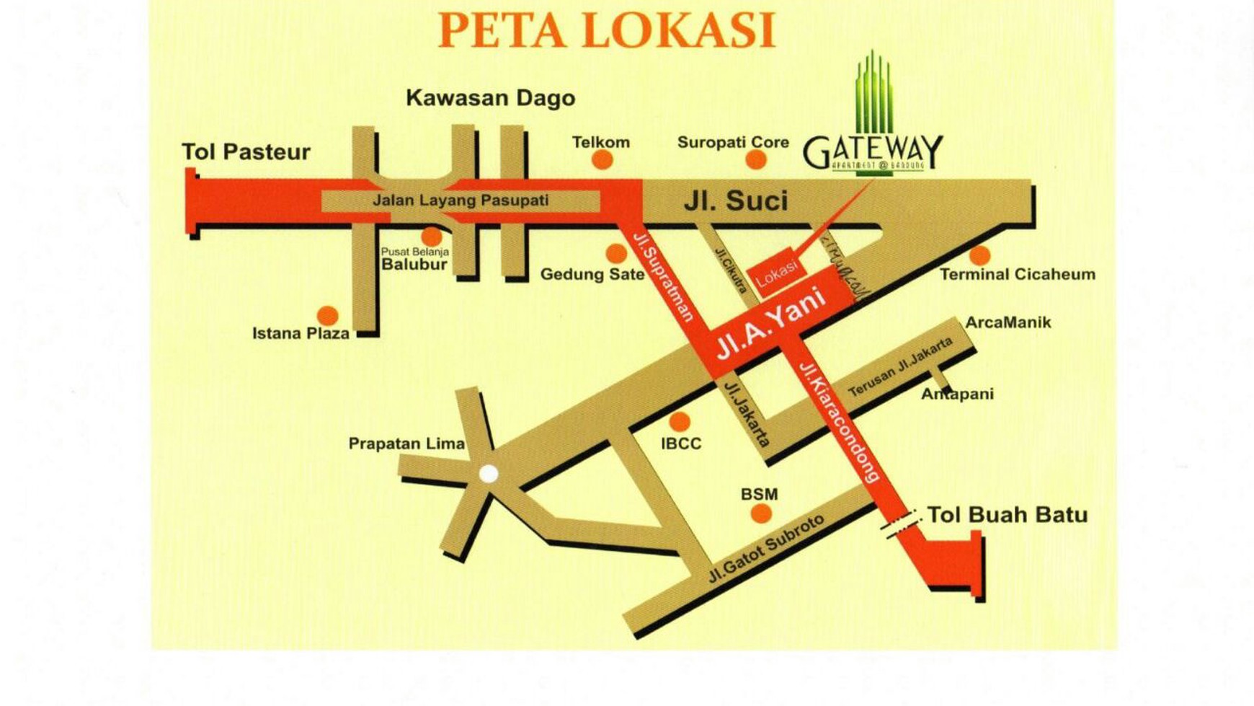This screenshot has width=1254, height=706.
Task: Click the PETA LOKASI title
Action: (x=606, y=30)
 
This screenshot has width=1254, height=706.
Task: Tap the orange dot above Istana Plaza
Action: (x=327, y=315)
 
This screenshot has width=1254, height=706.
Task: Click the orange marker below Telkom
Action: (x=602, y=159)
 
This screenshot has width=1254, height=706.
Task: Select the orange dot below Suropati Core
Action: (x=755, y=159)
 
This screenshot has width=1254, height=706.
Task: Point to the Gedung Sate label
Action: (x=592, y=274)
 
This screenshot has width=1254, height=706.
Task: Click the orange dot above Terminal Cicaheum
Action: (x=979, y=255)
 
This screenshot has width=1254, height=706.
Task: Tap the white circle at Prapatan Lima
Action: (x=489, y=474)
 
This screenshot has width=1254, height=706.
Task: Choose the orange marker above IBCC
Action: (x=679, y=421)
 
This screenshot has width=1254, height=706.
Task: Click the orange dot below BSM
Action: (x=761, y=513)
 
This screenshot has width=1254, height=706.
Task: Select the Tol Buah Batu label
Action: (x=1007, y=515)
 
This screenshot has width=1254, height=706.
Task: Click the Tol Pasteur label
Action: (x=246, y=152)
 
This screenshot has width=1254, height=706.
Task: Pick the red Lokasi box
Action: (x=776, y=273)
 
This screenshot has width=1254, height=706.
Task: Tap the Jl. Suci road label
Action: (x=735, y=201)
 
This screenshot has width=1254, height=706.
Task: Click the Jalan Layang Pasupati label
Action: (x=461, y=200)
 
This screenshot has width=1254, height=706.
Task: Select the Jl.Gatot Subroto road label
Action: (x=765, y=550)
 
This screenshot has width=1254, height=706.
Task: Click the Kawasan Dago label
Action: (x=490, y=98)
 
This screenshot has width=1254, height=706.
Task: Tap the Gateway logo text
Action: (x=873, y=151)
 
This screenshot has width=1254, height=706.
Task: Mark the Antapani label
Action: (x=957, y=394)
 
